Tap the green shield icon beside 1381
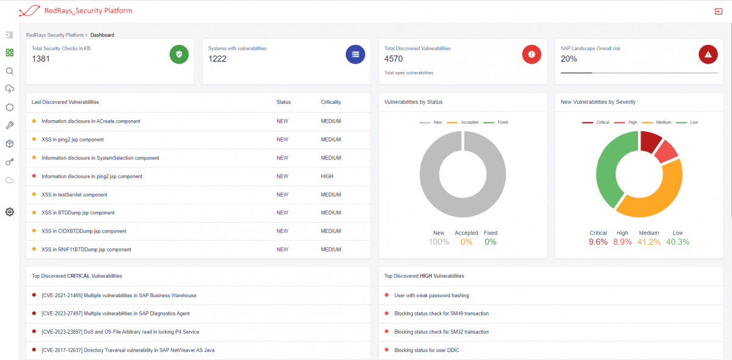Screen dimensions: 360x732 [179, 54]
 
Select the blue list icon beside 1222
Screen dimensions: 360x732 [355, 54]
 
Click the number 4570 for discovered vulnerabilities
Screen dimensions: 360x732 [393, 59]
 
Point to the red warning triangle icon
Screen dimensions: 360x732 [708, 54]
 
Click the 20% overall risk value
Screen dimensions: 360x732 [569, 59]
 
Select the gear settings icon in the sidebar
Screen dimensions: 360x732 [9, 212]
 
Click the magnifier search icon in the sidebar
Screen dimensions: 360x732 [9, 71]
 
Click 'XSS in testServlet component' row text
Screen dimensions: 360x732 [74, 195]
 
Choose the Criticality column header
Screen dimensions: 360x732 [331, 102]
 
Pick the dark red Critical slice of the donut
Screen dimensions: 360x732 [650, 142]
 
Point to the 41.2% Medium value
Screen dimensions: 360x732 [648, 242]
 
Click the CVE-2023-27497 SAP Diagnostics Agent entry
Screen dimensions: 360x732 [115, 314]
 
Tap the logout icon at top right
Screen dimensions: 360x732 [717, 11]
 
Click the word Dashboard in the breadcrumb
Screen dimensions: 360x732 [102, 35]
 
